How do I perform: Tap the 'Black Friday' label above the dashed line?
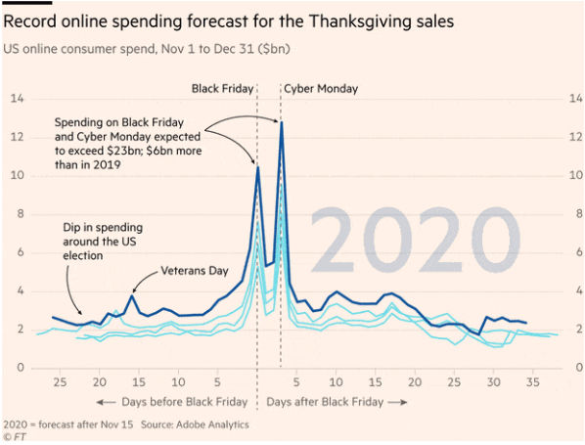point(222,89)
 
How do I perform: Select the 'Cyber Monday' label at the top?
point(321,89)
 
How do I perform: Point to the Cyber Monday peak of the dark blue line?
point(282,122)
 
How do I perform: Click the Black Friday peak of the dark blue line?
point(257,167)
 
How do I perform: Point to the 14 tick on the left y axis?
point(17,99)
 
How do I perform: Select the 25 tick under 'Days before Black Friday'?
point(60,382)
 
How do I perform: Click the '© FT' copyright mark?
point(15,437)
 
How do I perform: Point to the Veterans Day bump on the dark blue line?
point(133,294)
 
